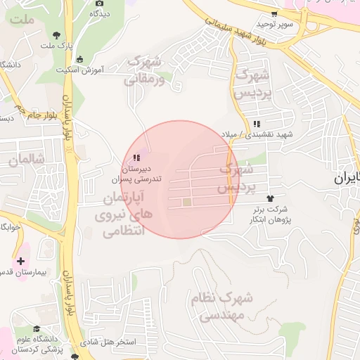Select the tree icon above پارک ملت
(x=56, y=34)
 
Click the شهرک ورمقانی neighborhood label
(x=144, y=70)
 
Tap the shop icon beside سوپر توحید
(x=275, y=13)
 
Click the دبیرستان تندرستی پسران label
(x=137, y=174)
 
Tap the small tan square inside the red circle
(x=187, y=203)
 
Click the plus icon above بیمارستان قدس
(x=20, y=261)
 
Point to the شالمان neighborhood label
(x=27, y=160)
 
